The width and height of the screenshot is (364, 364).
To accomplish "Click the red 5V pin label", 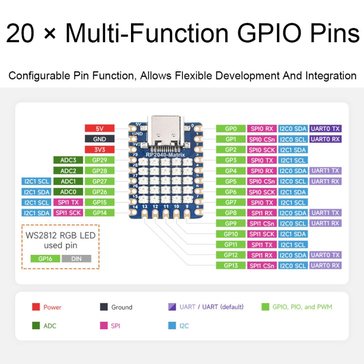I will coord(99,129).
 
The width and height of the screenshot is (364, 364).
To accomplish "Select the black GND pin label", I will coord(99,139).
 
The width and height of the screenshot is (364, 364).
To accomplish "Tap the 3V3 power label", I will coord(99,149).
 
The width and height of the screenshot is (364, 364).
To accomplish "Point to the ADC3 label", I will coord(68,160).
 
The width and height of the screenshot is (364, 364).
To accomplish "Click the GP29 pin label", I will coord(99,160).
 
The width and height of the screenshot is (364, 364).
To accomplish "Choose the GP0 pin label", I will coord(231,129).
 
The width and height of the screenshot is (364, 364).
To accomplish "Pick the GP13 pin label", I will coord(231,265).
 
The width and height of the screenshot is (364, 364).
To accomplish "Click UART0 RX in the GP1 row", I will coord(325,139).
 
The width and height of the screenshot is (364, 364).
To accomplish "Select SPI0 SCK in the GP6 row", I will coord(262,192).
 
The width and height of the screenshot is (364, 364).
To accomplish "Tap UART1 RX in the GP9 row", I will coord(325,223).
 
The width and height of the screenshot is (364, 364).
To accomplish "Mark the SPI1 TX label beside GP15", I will coord(68,202).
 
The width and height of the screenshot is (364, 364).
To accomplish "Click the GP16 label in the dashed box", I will coord(45,259).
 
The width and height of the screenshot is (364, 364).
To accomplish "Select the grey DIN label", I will coord(76,259).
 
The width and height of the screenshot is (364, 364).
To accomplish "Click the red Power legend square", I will coord(36,307).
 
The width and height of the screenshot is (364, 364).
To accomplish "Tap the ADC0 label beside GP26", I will coord(68,192).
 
